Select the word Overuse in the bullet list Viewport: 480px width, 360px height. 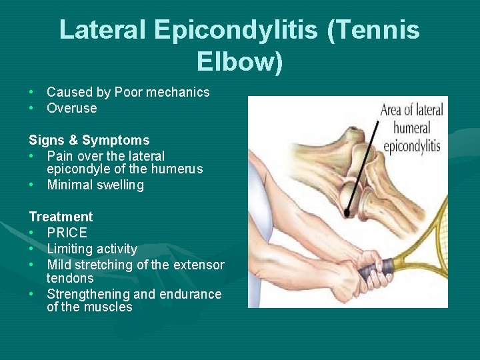72,108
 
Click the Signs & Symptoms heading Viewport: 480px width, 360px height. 89,140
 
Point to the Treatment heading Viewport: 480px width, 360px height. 61,217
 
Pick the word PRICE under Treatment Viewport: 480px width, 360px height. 67,233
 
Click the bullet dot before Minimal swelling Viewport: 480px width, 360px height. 32,185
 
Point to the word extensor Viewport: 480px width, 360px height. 199,265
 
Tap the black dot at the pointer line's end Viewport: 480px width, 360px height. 347,213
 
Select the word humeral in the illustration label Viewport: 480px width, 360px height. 411,127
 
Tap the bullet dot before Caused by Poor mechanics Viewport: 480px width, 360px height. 32,92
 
